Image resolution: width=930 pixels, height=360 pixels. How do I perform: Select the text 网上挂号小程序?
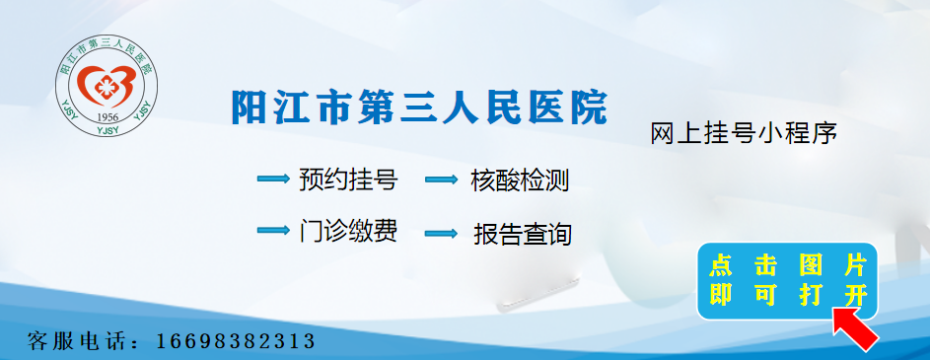coord(744,133)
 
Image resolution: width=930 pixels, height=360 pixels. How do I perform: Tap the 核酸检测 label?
coord(520,180)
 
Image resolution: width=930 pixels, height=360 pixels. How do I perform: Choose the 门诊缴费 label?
coord(348,231)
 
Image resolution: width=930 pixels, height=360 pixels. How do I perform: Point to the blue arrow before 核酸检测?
coord(442,180)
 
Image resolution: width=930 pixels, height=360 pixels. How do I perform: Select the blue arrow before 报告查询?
coord(442,234)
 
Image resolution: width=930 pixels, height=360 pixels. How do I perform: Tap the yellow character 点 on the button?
coord(721,264)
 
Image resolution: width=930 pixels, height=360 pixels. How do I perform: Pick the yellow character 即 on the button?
coord(721,295)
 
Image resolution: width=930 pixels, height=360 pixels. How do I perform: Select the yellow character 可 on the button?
coord(765,295)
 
